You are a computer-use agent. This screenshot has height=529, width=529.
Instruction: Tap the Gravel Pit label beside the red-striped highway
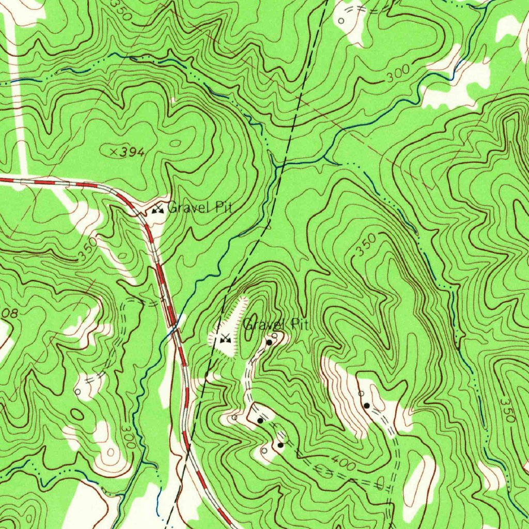(200, 208)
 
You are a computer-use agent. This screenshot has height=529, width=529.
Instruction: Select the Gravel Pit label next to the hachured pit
(275, 325)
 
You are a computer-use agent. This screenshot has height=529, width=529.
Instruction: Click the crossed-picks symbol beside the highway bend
(158, 209)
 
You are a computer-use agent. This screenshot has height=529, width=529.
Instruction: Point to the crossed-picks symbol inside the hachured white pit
(225, 339)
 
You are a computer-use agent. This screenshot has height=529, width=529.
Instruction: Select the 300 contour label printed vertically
(129, 438)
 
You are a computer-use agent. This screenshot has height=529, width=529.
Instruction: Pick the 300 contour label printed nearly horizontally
(398, 74)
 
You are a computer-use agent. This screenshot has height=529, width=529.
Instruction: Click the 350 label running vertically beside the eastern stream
(507, 410)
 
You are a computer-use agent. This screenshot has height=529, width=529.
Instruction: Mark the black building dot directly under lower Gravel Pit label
(269, 342)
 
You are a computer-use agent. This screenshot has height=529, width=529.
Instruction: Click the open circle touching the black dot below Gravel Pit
(275, 336)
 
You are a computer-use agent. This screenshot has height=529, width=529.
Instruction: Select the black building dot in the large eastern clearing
(366, 405)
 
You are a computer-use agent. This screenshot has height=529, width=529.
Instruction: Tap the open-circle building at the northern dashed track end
(341, 21)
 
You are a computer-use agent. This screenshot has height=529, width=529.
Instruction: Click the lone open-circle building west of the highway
(77, 392)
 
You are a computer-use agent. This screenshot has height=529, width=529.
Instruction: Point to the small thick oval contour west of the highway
(77, 414)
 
